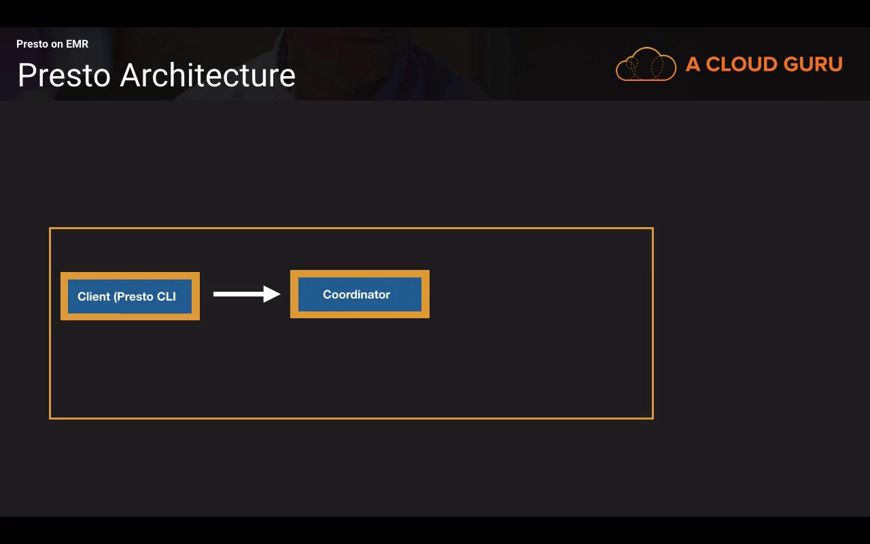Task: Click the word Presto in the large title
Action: click(64, 75)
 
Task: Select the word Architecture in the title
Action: click(208, 75)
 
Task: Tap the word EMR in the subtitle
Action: click(77, 44)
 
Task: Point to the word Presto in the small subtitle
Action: click(32, 44)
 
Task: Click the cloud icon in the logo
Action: click(646, 64)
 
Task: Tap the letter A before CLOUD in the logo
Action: click(693, 64)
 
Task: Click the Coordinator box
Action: click(360, 294)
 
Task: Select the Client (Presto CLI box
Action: click(130, 296)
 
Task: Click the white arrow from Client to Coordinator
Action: click(247, 294)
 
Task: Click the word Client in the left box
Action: click(94, 296)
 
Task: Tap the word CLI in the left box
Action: click(167, 296)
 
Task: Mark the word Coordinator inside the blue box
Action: click(357, 294)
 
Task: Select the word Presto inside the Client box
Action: click(135, 296)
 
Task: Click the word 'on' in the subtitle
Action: click(57, 44)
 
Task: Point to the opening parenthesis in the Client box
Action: click(116, 297)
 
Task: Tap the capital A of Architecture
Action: click(131, 75)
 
